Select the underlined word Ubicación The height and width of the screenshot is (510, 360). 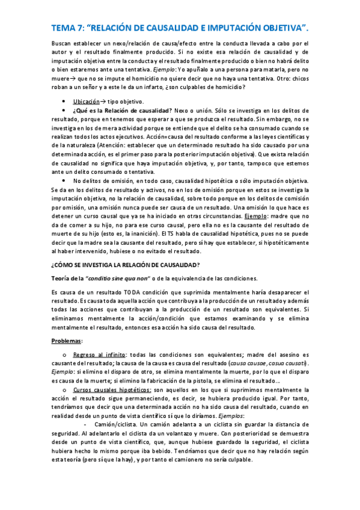point(86,102)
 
